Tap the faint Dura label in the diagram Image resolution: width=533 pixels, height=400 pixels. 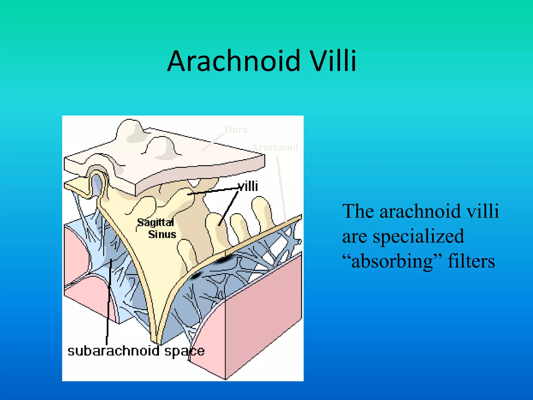click(236, 129)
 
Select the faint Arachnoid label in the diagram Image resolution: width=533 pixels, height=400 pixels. click(275, 147)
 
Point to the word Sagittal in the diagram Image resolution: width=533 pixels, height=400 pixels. click(155, 223)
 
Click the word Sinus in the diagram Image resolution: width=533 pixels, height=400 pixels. click(162, 234)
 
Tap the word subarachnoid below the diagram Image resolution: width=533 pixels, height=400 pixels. click(113, 351)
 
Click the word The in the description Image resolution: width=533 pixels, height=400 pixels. click(358, 211)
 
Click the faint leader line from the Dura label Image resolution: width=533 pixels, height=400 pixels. click(213, 142)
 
